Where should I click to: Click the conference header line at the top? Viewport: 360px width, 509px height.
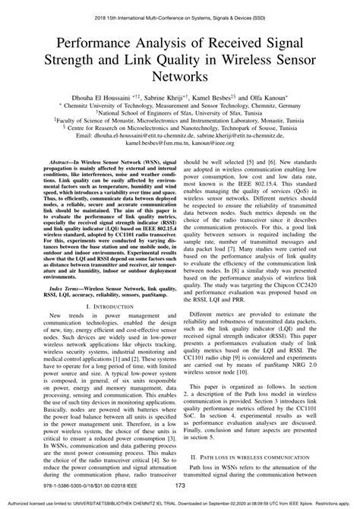[x=180, y=5]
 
